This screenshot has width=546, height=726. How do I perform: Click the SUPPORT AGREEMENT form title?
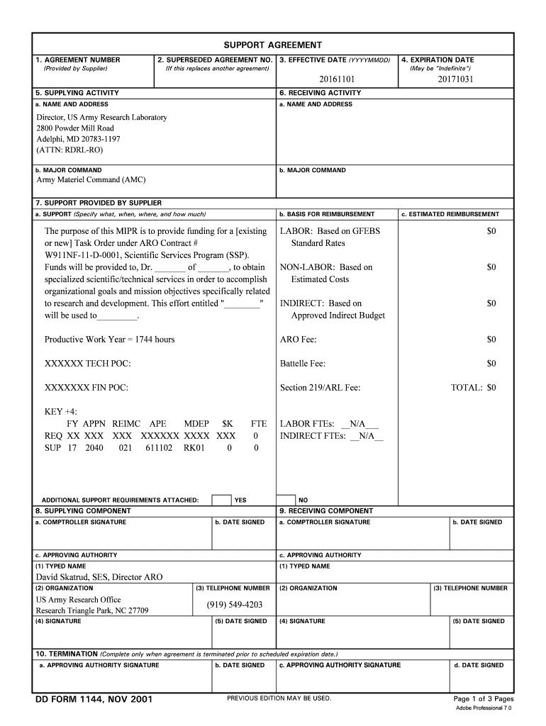tap(273, 45)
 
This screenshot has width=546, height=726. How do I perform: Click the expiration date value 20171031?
tap(455, 79)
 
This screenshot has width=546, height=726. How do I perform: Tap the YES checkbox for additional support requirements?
tap(221, 500)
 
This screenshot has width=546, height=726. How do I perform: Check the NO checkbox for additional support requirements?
tap(285, 500)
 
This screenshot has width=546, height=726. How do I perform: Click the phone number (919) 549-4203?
tap(235, 605)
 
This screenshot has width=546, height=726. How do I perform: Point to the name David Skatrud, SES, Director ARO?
tap(99, 577)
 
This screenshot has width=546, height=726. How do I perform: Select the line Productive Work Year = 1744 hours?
tap(109, 340)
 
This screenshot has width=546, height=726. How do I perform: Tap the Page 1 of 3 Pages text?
tap(483, 698)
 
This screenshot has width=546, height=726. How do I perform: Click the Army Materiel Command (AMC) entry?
tap(91, 180)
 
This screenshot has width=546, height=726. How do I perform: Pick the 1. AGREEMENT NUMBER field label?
tap(78, 60)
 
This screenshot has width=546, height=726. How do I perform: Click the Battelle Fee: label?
tap(303, 364)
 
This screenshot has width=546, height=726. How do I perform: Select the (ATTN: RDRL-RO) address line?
tap(70, 151)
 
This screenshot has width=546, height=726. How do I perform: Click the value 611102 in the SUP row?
tap(159, 448)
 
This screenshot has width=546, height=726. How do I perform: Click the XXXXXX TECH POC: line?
tap(88, 364)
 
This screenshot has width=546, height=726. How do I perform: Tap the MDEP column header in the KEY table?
tap(196, 423)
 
